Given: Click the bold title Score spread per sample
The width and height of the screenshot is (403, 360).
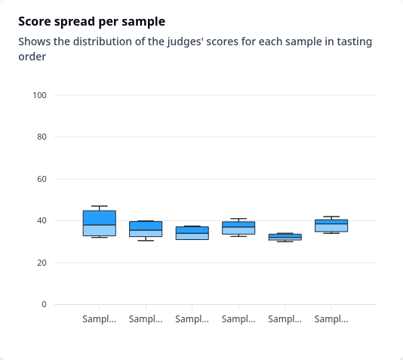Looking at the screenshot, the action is pos(92,22).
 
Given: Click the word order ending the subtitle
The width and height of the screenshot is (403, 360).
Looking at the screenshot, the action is pos(32,57).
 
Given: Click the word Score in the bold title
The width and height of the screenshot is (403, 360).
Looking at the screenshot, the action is pos(35,22).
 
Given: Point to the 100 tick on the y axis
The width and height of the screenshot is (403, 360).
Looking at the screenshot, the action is pos(39,95).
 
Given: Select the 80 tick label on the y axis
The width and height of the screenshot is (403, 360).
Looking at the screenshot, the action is pos(42,137).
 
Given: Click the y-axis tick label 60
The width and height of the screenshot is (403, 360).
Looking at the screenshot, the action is pos(42,179).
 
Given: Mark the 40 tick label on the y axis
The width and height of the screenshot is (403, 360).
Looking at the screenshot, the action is pos(42,220).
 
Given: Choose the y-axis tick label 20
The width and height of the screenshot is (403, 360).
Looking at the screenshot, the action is pos(42,263).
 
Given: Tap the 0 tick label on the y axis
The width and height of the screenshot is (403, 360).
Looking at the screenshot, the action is pos(45,304).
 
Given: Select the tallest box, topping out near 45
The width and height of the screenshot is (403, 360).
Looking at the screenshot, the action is pos(100,223).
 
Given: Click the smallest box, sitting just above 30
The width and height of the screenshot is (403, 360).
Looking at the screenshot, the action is pos(285,237).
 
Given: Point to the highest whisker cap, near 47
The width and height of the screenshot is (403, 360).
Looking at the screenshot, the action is pos(100,206).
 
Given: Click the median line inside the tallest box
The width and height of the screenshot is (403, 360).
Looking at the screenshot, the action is pos(100,225).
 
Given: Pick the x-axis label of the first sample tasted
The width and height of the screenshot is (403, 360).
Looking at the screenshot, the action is pos(99,319).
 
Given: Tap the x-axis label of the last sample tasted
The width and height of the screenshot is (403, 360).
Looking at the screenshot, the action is pos(331,319).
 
